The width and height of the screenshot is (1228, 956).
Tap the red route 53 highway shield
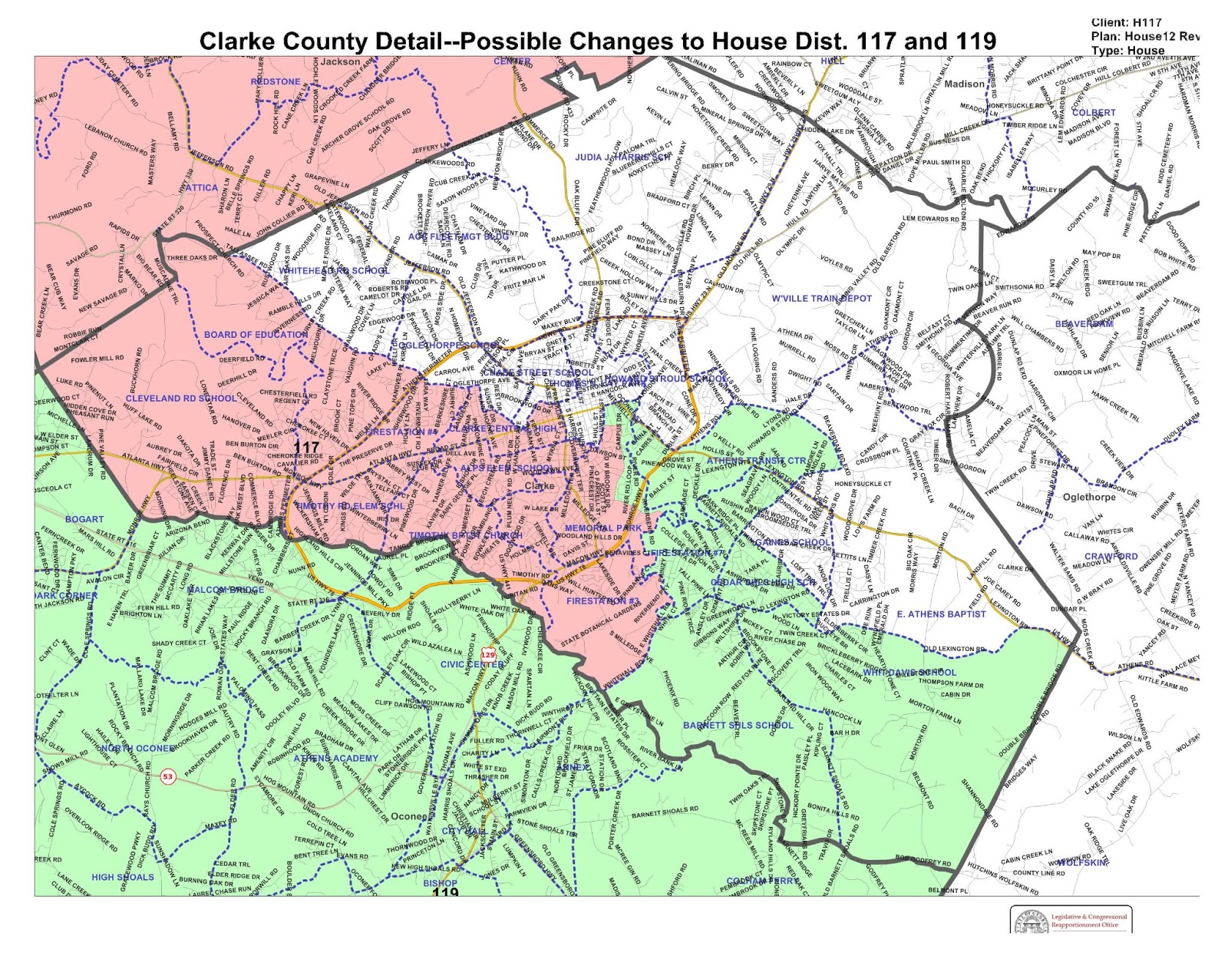[168, 776]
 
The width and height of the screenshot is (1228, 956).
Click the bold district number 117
[306, 447]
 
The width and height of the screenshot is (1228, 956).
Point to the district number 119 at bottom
[445, 892]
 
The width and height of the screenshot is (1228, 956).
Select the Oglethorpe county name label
[1088, 497]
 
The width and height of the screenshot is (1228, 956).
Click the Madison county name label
[964, 84]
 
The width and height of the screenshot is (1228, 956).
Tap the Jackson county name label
[340, 61]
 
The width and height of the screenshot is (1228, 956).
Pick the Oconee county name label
[409, 816]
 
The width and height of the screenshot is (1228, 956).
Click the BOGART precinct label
[84, 519]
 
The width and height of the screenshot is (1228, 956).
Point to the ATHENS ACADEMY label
[336, 759]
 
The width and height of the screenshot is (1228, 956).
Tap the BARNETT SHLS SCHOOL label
[738, 725]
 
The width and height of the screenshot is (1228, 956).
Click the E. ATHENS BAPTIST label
[941, 614]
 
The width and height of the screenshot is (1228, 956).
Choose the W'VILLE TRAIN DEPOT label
[822, 298]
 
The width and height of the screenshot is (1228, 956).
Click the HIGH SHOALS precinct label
[123, 877]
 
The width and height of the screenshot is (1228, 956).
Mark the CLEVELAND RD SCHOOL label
[181, 399]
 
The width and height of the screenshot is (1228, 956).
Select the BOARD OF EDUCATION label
[256, 335]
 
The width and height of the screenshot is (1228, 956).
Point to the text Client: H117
[1126, 22]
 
